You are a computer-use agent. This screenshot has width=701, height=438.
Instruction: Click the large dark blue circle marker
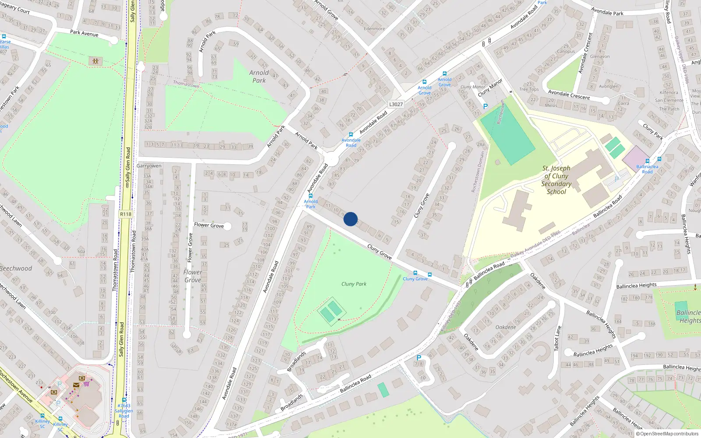(x=350, y=219)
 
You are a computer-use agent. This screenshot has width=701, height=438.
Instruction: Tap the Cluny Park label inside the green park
(x=354, y=284)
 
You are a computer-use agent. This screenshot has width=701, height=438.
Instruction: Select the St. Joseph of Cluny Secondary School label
(x=556, y=180)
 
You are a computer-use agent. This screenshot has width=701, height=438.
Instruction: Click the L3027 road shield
(x=396, y=104)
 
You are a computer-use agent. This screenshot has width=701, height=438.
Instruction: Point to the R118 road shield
(x=125, y=214)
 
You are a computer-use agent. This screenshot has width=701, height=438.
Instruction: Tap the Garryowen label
(x=149, y=166)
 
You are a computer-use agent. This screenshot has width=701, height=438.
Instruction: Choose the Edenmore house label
(x=375, y=29)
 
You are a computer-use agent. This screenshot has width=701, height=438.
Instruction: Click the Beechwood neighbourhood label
(x=16, y=268)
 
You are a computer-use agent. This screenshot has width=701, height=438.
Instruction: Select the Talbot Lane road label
(x=557, y=339)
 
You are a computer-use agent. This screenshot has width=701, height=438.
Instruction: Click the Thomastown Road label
(x=134, y=251)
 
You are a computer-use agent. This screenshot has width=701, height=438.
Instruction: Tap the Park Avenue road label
(x=84, y=33)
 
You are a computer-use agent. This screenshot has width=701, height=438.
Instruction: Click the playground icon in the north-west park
(x=95, y=61)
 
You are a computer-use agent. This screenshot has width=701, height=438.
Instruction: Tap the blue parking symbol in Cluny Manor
(x=485, y=106)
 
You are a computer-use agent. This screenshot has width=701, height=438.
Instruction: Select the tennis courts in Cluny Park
(x=331, y=311)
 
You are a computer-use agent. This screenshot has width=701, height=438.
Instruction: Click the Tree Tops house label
(x=529, y=89)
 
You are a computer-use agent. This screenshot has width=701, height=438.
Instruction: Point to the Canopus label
(x=566, y=52)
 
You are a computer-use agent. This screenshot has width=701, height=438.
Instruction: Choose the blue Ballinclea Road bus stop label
(x=647, y=169)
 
